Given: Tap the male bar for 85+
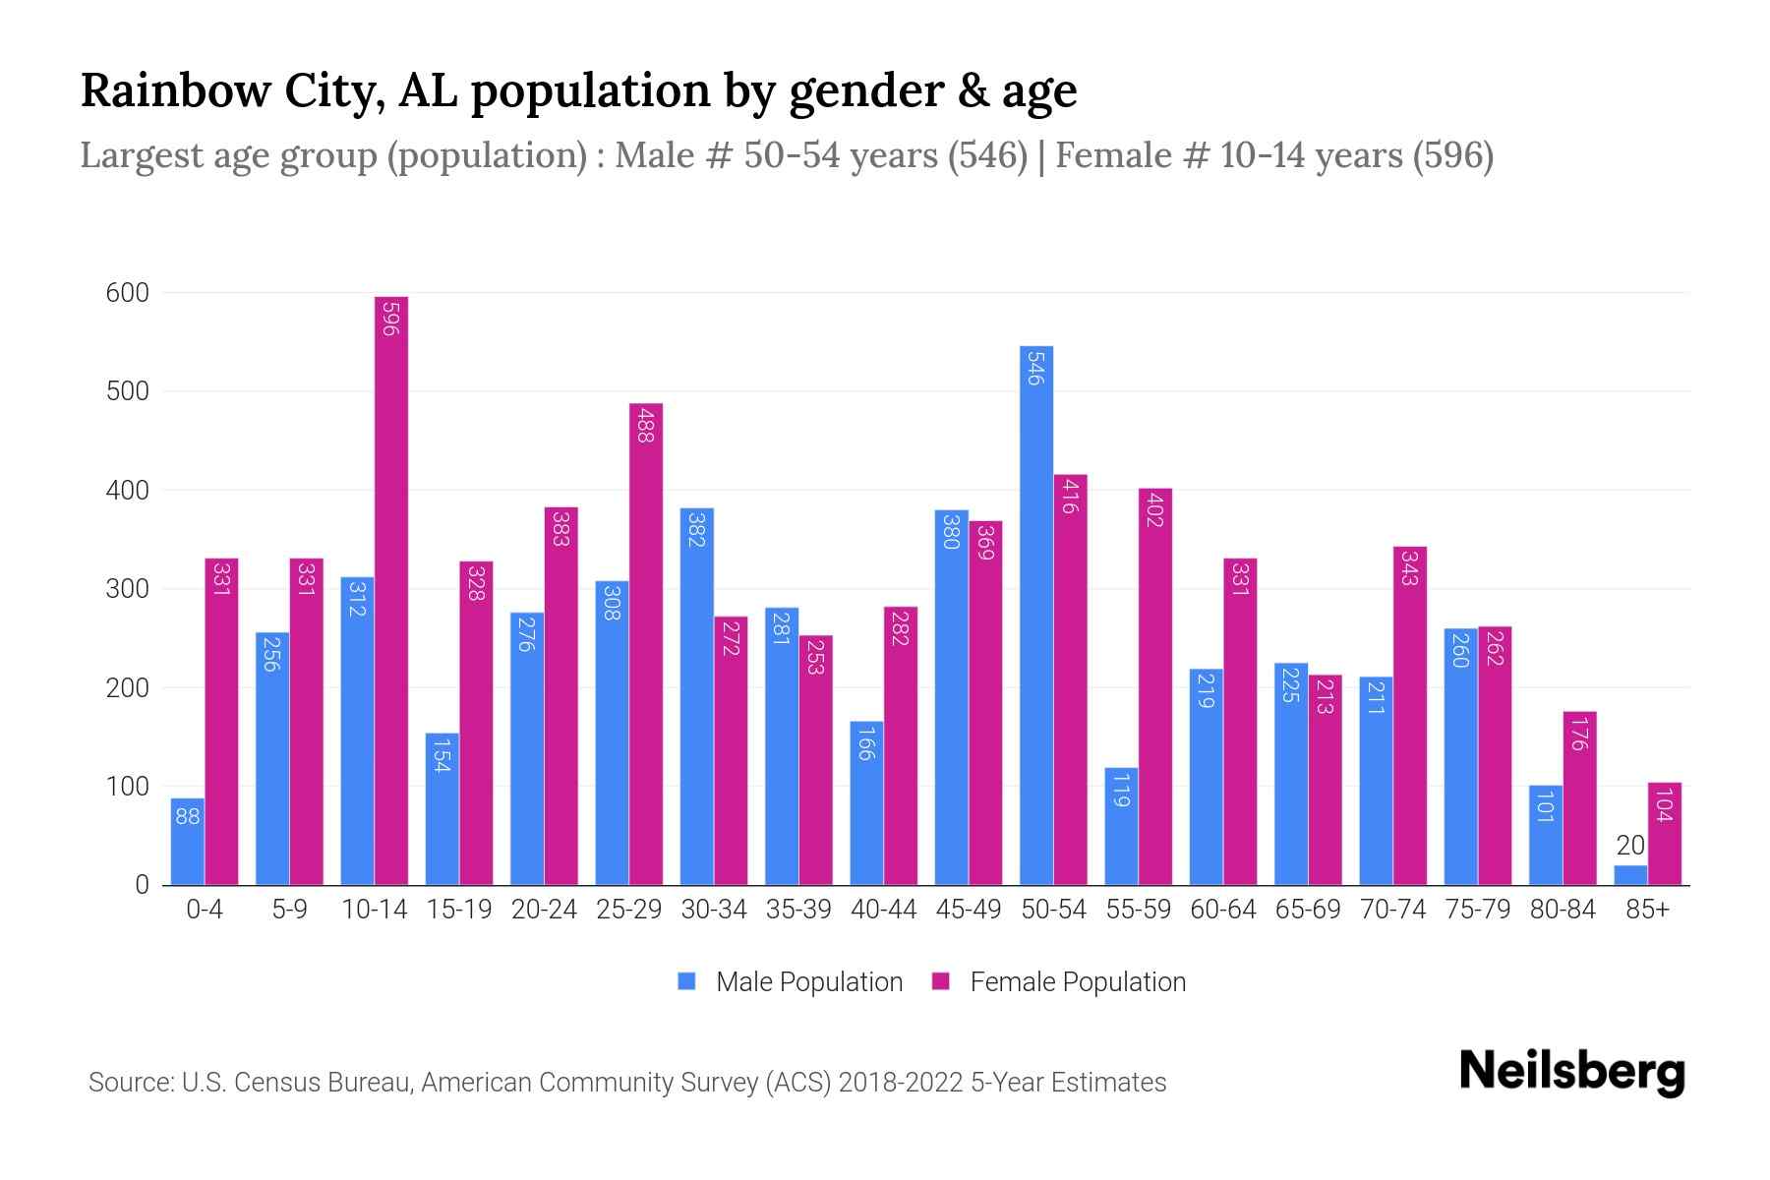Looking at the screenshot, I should click(1630, 875).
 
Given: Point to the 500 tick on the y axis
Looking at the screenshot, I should click(128, 391).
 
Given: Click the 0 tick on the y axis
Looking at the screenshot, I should click(142, 885).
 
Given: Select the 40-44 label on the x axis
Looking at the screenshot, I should click(883, 910).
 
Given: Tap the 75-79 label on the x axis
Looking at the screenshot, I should click(1477, 910).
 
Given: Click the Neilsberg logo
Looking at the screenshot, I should click(1571, 1072).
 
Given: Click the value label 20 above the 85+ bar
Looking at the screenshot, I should click(1630, 846).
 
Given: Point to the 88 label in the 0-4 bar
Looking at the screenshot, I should click(188, 816).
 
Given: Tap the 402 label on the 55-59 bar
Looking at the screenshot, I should click(1155, 511).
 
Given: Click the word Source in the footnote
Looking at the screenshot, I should click(130, 1083).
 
